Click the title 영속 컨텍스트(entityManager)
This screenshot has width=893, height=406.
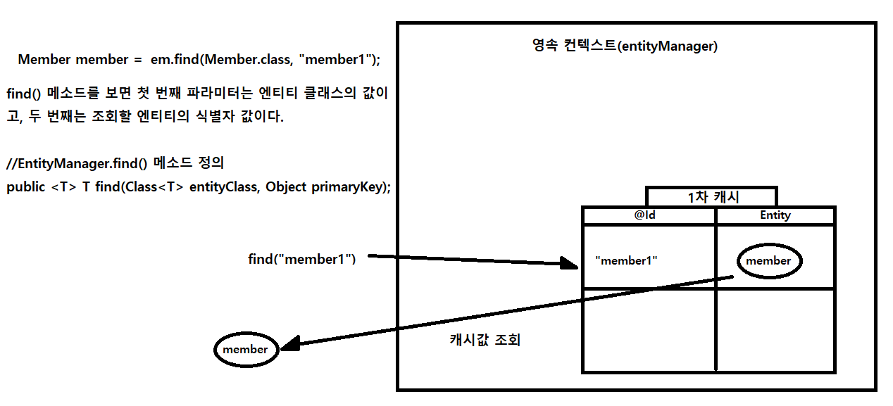[x=625, y=47]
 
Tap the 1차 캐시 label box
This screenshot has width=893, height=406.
[x=712, y=197]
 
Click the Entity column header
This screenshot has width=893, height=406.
[x=775, y=215]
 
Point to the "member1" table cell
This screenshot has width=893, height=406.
[x=626, y=260]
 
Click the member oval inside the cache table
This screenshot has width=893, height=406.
[x=768, y=261]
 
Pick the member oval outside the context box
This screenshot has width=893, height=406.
[x=245, y=350]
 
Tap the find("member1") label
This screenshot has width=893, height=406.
[x=302, y=259]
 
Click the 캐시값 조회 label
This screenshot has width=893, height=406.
[x=485, y=340]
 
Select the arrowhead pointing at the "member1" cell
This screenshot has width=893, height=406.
[x=569, y=264]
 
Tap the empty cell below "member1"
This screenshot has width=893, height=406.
[x=649, y=329]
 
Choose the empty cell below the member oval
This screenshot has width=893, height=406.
[x=775, y=329]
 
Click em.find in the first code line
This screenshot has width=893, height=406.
[x=174, y=60]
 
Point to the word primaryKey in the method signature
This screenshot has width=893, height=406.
[x=349, y=188]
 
